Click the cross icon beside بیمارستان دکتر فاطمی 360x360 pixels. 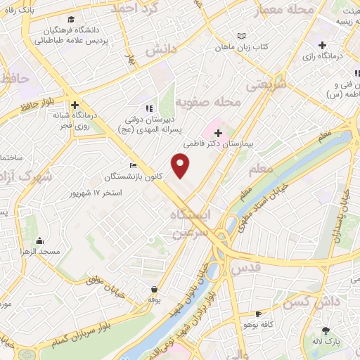pos(218,132)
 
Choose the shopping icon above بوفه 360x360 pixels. pos(154,289)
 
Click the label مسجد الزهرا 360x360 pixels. pos(40,251)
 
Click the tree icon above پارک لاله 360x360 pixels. pos(325,330)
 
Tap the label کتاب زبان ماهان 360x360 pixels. pos(243,46)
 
